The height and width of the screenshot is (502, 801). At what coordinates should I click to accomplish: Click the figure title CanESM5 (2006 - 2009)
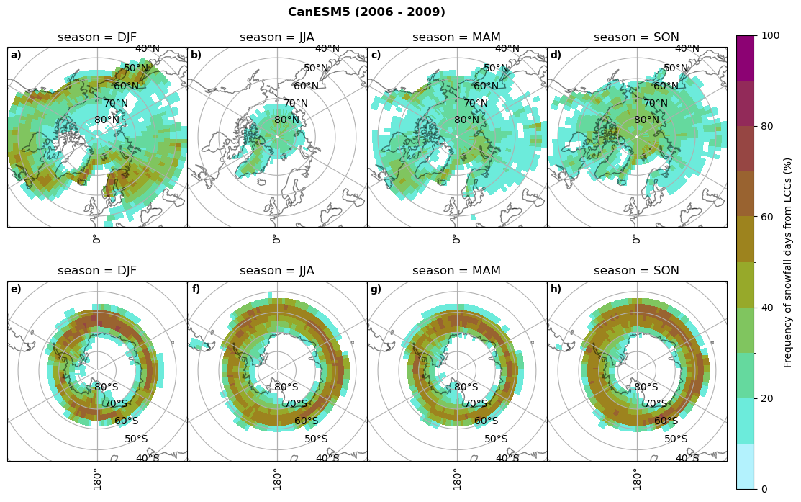coord(366,12)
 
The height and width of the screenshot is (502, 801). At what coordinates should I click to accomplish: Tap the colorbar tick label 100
coord(770,35)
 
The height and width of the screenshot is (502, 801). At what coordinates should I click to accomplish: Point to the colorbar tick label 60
coord(767,217)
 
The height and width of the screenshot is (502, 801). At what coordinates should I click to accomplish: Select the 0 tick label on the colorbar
coord(764,489)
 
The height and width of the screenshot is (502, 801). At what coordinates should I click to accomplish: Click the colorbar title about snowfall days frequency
coord(788,262)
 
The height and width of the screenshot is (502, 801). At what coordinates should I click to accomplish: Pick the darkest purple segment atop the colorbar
coord(745,58)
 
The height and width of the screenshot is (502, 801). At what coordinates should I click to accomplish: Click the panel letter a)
coord(16,55)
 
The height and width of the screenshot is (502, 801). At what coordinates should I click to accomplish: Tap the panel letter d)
coord(556,55)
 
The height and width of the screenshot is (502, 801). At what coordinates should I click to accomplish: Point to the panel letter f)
coord(196,290)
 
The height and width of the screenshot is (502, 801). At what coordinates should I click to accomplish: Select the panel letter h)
coord(556,290)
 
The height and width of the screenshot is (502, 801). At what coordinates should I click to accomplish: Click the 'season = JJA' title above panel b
coord(277,37)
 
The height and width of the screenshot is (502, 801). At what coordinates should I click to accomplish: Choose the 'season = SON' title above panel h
coord(637,271)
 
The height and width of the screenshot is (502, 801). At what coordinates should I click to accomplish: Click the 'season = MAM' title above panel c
coord(457,37)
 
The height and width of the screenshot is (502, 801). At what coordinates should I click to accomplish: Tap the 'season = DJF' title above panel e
coord(97,271)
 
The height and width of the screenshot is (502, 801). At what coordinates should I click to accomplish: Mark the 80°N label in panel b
coord(286,120)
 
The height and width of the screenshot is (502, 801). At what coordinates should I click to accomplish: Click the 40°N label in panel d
coord(687,49)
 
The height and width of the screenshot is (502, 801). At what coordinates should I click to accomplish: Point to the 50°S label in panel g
coord(496,439)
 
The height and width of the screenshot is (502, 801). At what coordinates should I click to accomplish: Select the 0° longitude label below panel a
coord(96,239)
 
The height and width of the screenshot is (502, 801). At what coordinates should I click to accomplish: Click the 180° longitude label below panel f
coord(276,479)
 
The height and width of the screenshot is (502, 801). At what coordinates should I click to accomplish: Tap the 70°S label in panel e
coord(117,404)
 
